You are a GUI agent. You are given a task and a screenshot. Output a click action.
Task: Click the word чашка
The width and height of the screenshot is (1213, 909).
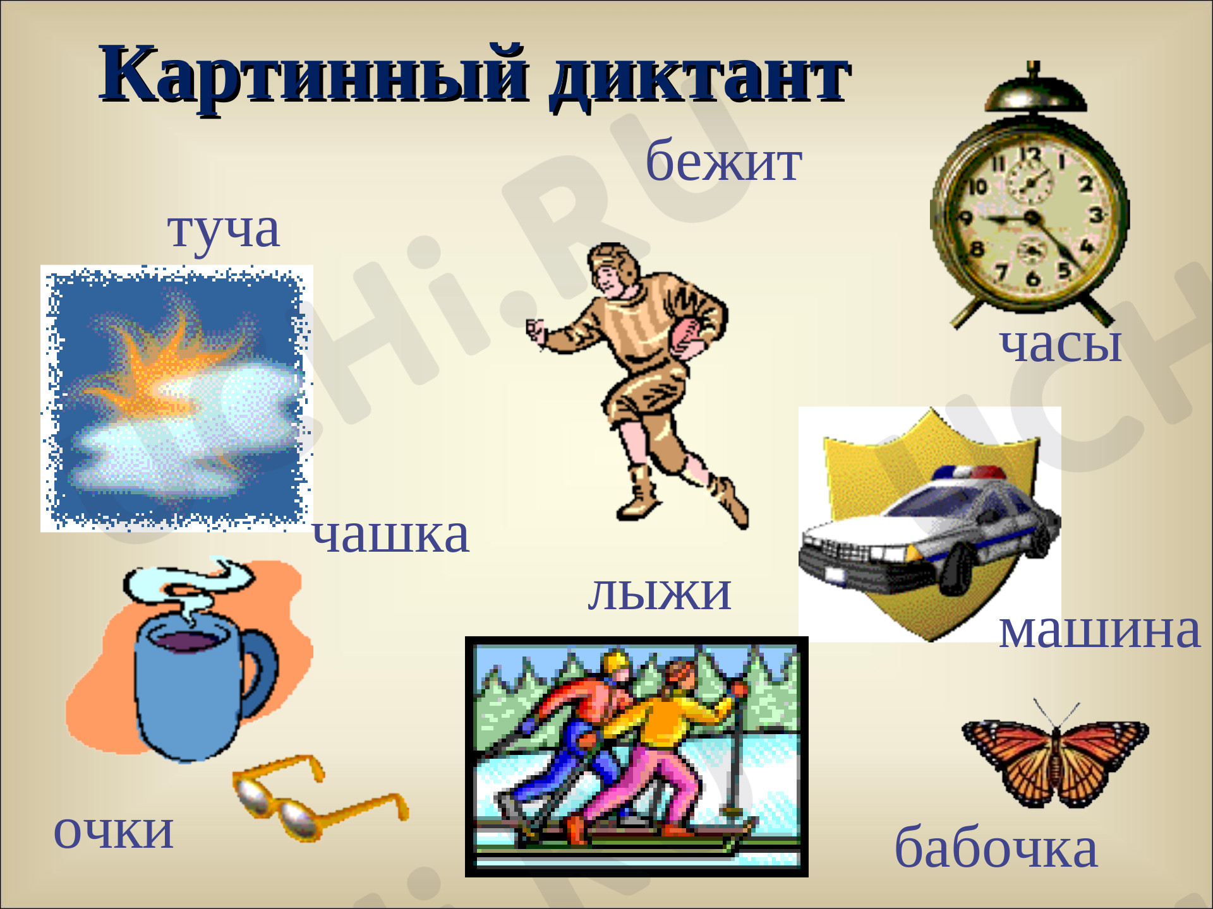click(x=390, y=535)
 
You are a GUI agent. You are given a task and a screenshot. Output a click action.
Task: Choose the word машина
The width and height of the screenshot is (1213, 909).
click(x=1099, y=630)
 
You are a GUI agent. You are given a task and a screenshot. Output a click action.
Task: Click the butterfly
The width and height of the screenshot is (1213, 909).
click(x=1055, y=757)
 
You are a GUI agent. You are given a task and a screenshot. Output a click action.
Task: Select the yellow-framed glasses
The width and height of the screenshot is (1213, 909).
click(x=316, y=799)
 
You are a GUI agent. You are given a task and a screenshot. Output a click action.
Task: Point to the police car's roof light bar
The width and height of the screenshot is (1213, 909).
click(x=970, y=472)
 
